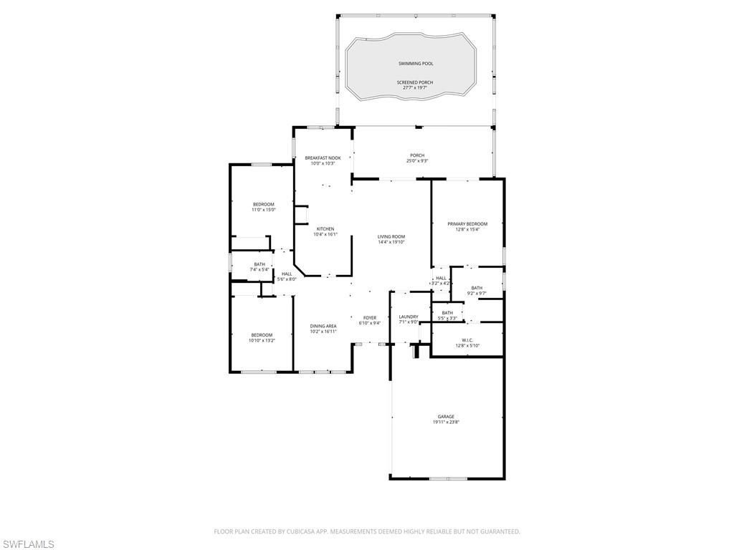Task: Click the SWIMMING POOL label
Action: (x=416, y=64)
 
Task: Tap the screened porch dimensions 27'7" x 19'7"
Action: (x=416, y=88)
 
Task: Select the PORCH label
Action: (x=417, y=155)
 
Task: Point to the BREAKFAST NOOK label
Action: (x=323, y=158)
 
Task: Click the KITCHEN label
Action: (x=325, y=228)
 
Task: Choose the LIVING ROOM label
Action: (x=391, y=236)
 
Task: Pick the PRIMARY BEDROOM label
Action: (x=467, y=223)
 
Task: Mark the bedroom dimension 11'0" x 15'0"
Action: (x=263, y=210)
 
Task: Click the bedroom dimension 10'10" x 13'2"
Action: (x=262, y=341)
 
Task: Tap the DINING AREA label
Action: (x=323, y=326)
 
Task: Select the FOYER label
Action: (x=370, y=317)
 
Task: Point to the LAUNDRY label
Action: (x=409, y=317)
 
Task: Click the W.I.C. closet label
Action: (x=467, y=340)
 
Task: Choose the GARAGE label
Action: (x=446, y=416)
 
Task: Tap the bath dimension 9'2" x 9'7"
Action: (x=477, y=294)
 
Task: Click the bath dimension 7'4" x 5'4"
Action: (x=259, y=269)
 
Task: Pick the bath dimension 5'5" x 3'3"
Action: (x=447, y=318)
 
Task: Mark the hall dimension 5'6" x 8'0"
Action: (x=287, y=279)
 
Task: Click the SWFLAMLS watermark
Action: (x=28, y=544)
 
